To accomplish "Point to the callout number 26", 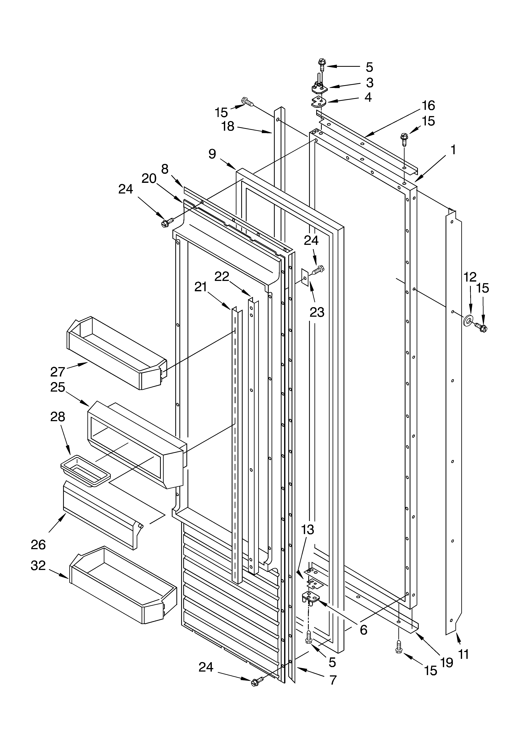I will point(38,545).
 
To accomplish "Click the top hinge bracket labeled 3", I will point(319,88).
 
